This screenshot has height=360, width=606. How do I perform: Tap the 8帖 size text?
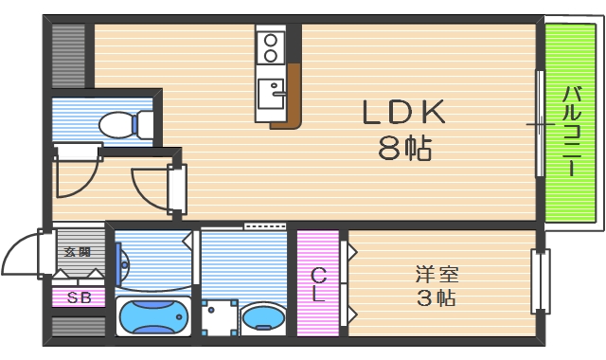point(405,149)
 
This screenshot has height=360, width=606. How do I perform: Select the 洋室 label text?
point(437,276)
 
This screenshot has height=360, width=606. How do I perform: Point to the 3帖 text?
point(437,299)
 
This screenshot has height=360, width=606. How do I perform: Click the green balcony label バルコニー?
point(572,131)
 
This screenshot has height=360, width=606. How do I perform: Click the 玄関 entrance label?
point(78,252)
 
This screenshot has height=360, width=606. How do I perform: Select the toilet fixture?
point(123,124)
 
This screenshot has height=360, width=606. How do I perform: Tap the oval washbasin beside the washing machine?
point(263,318)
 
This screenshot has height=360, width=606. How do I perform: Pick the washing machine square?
point(219,316)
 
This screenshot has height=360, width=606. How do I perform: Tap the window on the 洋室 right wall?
point(540,280)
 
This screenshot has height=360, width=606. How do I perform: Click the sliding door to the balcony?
point(540,123)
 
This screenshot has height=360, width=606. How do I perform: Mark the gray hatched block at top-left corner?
point(68,55)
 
